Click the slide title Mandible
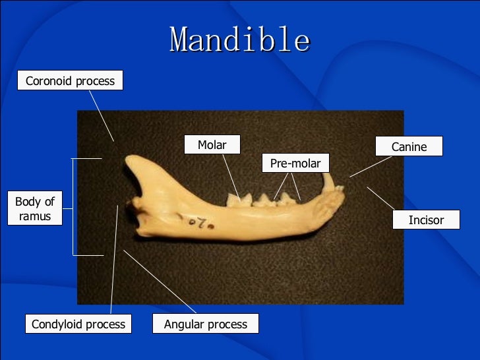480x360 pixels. tap(239, 41)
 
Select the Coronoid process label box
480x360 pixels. tap(70, 81)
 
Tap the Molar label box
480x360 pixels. tap(212, 145)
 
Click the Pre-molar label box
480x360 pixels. tap(295, 164)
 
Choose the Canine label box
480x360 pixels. tap(409, 146)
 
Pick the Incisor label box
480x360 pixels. tap(426, 220)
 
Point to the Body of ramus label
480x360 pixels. tap(35, 208)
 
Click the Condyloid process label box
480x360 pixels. tap(78, 324)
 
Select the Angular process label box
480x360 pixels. tap(206, 324)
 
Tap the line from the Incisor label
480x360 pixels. tap(380, 198)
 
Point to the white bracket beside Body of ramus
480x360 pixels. tap(73, 206)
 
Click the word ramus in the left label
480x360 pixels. tap(35, 216)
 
